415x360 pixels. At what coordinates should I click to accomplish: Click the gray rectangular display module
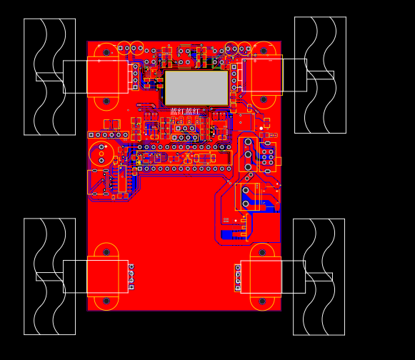(196, 88)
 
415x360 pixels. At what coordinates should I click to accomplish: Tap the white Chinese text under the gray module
(186, 111)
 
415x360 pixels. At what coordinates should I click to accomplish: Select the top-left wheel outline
(49, 76)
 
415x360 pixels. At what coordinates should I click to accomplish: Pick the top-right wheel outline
(320, 75)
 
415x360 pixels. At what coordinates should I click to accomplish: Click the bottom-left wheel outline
(49, 276)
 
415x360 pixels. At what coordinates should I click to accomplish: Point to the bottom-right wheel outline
(319, 277)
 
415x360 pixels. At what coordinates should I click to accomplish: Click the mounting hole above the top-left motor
(106, 52)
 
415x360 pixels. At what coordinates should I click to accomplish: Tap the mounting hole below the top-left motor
(106, 101)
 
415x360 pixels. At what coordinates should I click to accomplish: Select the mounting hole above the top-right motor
(264, 51)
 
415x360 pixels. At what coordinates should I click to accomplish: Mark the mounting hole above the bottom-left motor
(106, 252)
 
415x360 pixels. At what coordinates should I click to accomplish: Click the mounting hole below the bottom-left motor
(106, 301)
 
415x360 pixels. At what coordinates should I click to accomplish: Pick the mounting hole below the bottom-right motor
(262, 301)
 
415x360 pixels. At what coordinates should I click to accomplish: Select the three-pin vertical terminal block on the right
(248, 154)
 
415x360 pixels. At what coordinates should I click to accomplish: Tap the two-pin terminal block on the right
(246, 196)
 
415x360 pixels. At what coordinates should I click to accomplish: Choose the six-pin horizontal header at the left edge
(109, 134)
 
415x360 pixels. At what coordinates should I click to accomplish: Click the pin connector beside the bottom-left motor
(131, 276)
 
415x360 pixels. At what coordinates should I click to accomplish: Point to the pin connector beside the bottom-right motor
(238, 278)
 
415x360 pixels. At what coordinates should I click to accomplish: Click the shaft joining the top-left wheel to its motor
(50, 76)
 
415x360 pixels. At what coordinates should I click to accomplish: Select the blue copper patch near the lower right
(234, 234)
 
